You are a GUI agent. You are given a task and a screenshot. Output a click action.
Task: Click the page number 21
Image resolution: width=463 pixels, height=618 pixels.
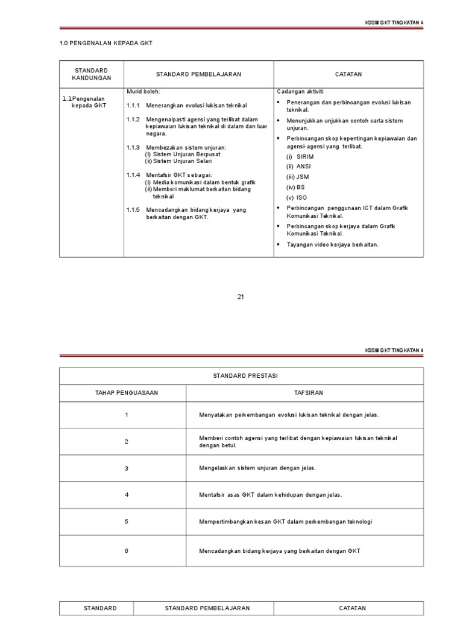(x=241, y=296)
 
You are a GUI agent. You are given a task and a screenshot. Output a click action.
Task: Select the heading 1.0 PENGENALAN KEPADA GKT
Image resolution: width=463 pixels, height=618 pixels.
(x=101, y=43)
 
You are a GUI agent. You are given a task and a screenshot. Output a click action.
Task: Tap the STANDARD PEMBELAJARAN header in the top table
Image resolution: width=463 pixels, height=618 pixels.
(x=198, y=74)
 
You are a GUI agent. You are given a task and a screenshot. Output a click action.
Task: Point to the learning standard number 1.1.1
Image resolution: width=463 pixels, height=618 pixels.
(x=133, y=106)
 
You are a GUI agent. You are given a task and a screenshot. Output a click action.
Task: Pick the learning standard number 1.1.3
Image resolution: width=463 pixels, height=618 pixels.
(x=133, y=147)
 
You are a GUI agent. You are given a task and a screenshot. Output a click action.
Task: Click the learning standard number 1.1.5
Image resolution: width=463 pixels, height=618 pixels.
(x=133, y=210)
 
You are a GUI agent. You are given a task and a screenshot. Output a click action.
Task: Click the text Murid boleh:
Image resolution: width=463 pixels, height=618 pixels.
(x=143, y=91)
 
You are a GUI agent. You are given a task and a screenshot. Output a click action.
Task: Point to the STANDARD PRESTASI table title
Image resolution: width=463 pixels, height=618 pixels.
(x=241, y=376)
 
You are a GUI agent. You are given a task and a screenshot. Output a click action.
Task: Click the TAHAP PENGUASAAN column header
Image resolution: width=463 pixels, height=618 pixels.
(x=127, y=393)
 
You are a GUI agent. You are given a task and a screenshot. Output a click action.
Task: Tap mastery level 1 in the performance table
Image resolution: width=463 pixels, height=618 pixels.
(x=127, y=415)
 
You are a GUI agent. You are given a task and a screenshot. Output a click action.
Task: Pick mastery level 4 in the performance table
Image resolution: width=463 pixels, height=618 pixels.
(x=127, y=495)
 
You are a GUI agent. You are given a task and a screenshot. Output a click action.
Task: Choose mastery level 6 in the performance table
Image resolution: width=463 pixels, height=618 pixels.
(x=127, y=551)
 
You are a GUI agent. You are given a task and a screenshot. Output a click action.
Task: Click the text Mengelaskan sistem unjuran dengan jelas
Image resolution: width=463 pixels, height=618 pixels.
(x=257, y=468)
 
